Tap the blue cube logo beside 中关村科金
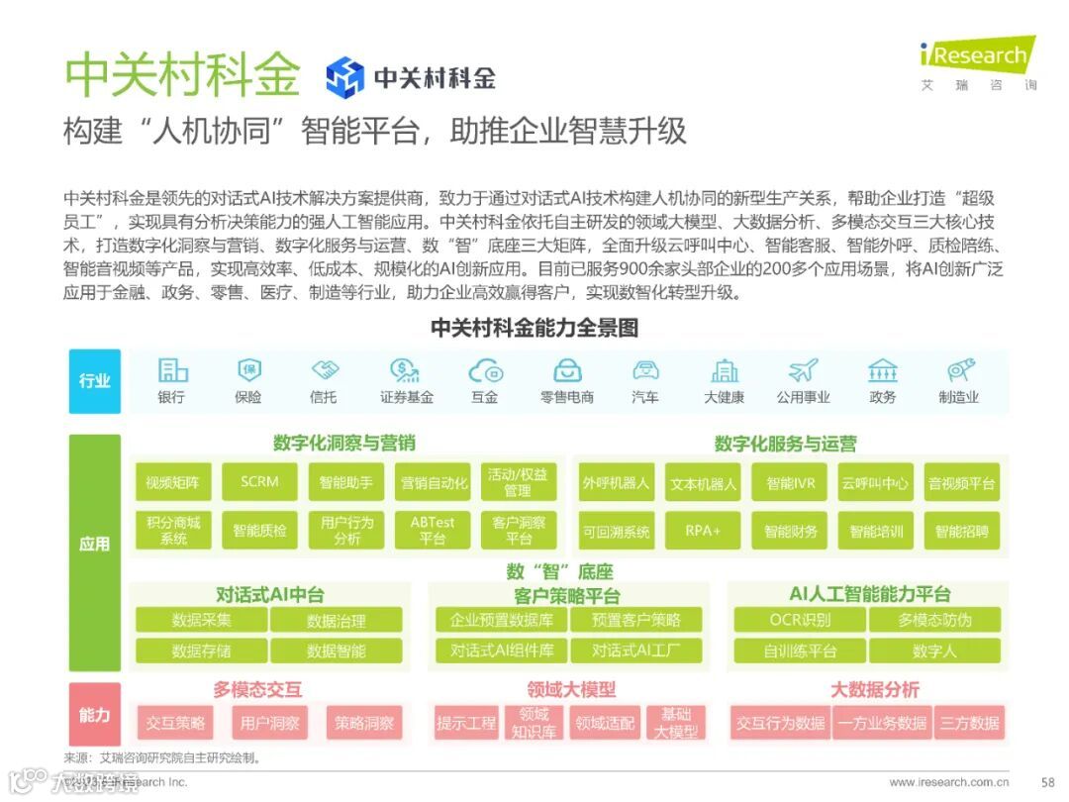pyautogui.click(x=345, y=77)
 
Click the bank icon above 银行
pyautogui.click(x=172, y=371)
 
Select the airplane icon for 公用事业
pyautogui.click(x=803, y=371)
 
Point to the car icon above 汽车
pyautogui.click(x=645, y=371)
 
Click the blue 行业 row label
pyautogui.click(x=95, y=381)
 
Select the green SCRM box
pyautogui.click(x=259, y=482)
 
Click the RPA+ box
pyautogui.click(x=703, y=531)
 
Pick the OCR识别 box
pyautogui.click(x=800, y=620)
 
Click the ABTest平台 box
pyautogui.click(x=433, y=531)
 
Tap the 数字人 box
pyautogui.click(x=934, y=651)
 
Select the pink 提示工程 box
pyautogui.click(x=466, y=723)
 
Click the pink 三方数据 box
pyautogui.click(x=970, y=723)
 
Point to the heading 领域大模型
pyautogui.click(x=571, y=689)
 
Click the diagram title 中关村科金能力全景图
pyautogui.click(x=534, y=328)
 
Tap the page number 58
pyautogui.click(x=1048, y=781)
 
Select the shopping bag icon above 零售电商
pyautogui.click(x=567, y=371)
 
